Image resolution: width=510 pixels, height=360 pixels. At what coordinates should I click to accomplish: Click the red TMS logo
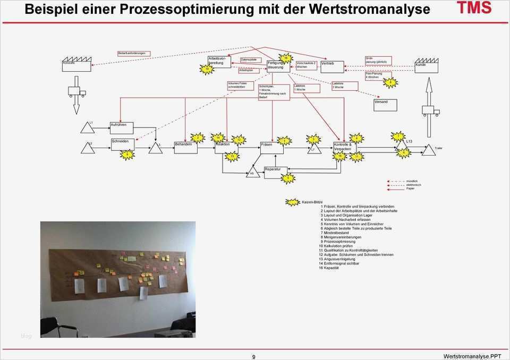[475, 8]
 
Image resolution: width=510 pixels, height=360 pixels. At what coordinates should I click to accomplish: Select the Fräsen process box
[273, 148]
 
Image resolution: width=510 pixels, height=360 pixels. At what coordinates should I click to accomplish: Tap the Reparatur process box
[276, 169]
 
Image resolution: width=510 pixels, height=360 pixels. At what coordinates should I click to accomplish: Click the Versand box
[385, 105]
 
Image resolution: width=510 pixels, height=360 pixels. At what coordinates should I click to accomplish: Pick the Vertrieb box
[332, 66]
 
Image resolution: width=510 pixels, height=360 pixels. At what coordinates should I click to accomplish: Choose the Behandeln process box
[186, 147]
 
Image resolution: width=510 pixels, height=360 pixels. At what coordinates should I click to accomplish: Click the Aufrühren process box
[121, 127]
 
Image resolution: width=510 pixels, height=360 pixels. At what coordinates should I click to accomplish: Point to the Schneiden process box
[123, 144]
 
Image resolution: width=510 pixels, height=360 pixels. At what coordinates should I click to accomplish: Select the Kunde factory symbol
[426, 65]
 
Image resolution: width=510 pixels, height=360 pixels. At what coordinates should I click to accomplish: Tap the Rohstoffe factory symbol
[75, 64]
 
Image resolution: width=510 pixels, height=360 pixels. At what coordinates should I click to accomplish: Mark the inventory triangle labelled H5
[253, 173]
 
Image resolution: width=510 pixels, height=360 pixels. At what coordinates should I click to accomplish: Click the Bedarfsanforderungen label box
[134, 54]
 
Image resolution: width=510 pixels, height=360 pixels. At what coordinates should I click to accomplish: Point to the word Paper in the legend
[410, 188]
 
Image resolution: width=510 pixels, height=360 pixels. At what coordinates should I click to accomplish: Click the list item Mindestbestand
[336, 233]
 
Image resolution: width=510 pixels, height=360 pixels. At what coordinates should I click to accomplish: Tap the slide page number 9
[253, 356]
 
